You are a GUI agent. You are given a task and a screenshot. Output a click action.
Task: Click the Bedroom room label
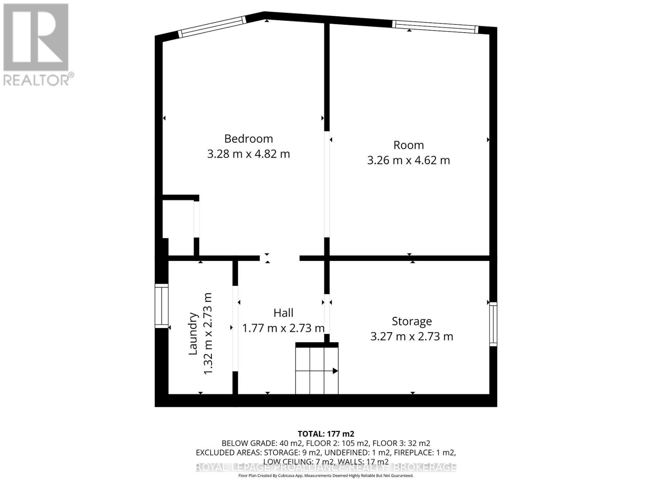(248, 139)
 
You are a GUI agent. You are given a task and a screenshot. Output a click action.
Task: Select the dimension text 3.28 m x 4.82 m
(248, 154)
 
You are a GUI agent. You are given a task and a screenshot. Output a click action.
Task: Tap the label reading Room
(408, 145)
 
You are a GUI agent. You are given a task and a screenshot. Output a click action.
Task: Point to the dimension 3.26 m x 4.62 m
(408, 160)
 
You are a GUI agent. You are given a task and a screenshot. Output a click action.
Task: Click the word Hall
(283, 313)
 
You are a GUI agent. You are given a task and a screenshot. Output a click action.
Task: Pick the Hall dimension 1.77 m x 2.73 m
(283, 328)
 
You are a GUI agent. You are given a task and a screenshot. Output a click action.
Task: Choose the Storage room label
(412, 321)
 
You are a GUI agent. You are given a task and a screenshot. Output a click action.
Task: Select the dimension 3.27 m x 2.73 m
(412, 337)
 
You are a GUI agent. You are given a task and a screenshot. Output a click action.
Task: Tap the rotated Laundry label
(193, 333)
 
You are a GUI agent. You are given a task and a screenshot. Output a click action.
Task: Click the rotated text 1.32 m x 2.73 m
(208, 333)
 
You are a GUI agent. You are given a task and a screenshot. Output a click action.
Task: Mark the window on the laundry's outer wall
(161, 306)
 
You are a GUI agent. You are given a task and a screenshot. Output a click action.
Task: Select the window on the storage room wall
(493, 324)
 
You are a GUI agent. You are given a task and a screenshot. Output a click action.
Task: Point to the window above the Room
(434, 26)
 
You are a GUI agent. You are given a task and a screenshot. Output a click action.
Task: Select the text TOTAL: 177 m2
(326, 434)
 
